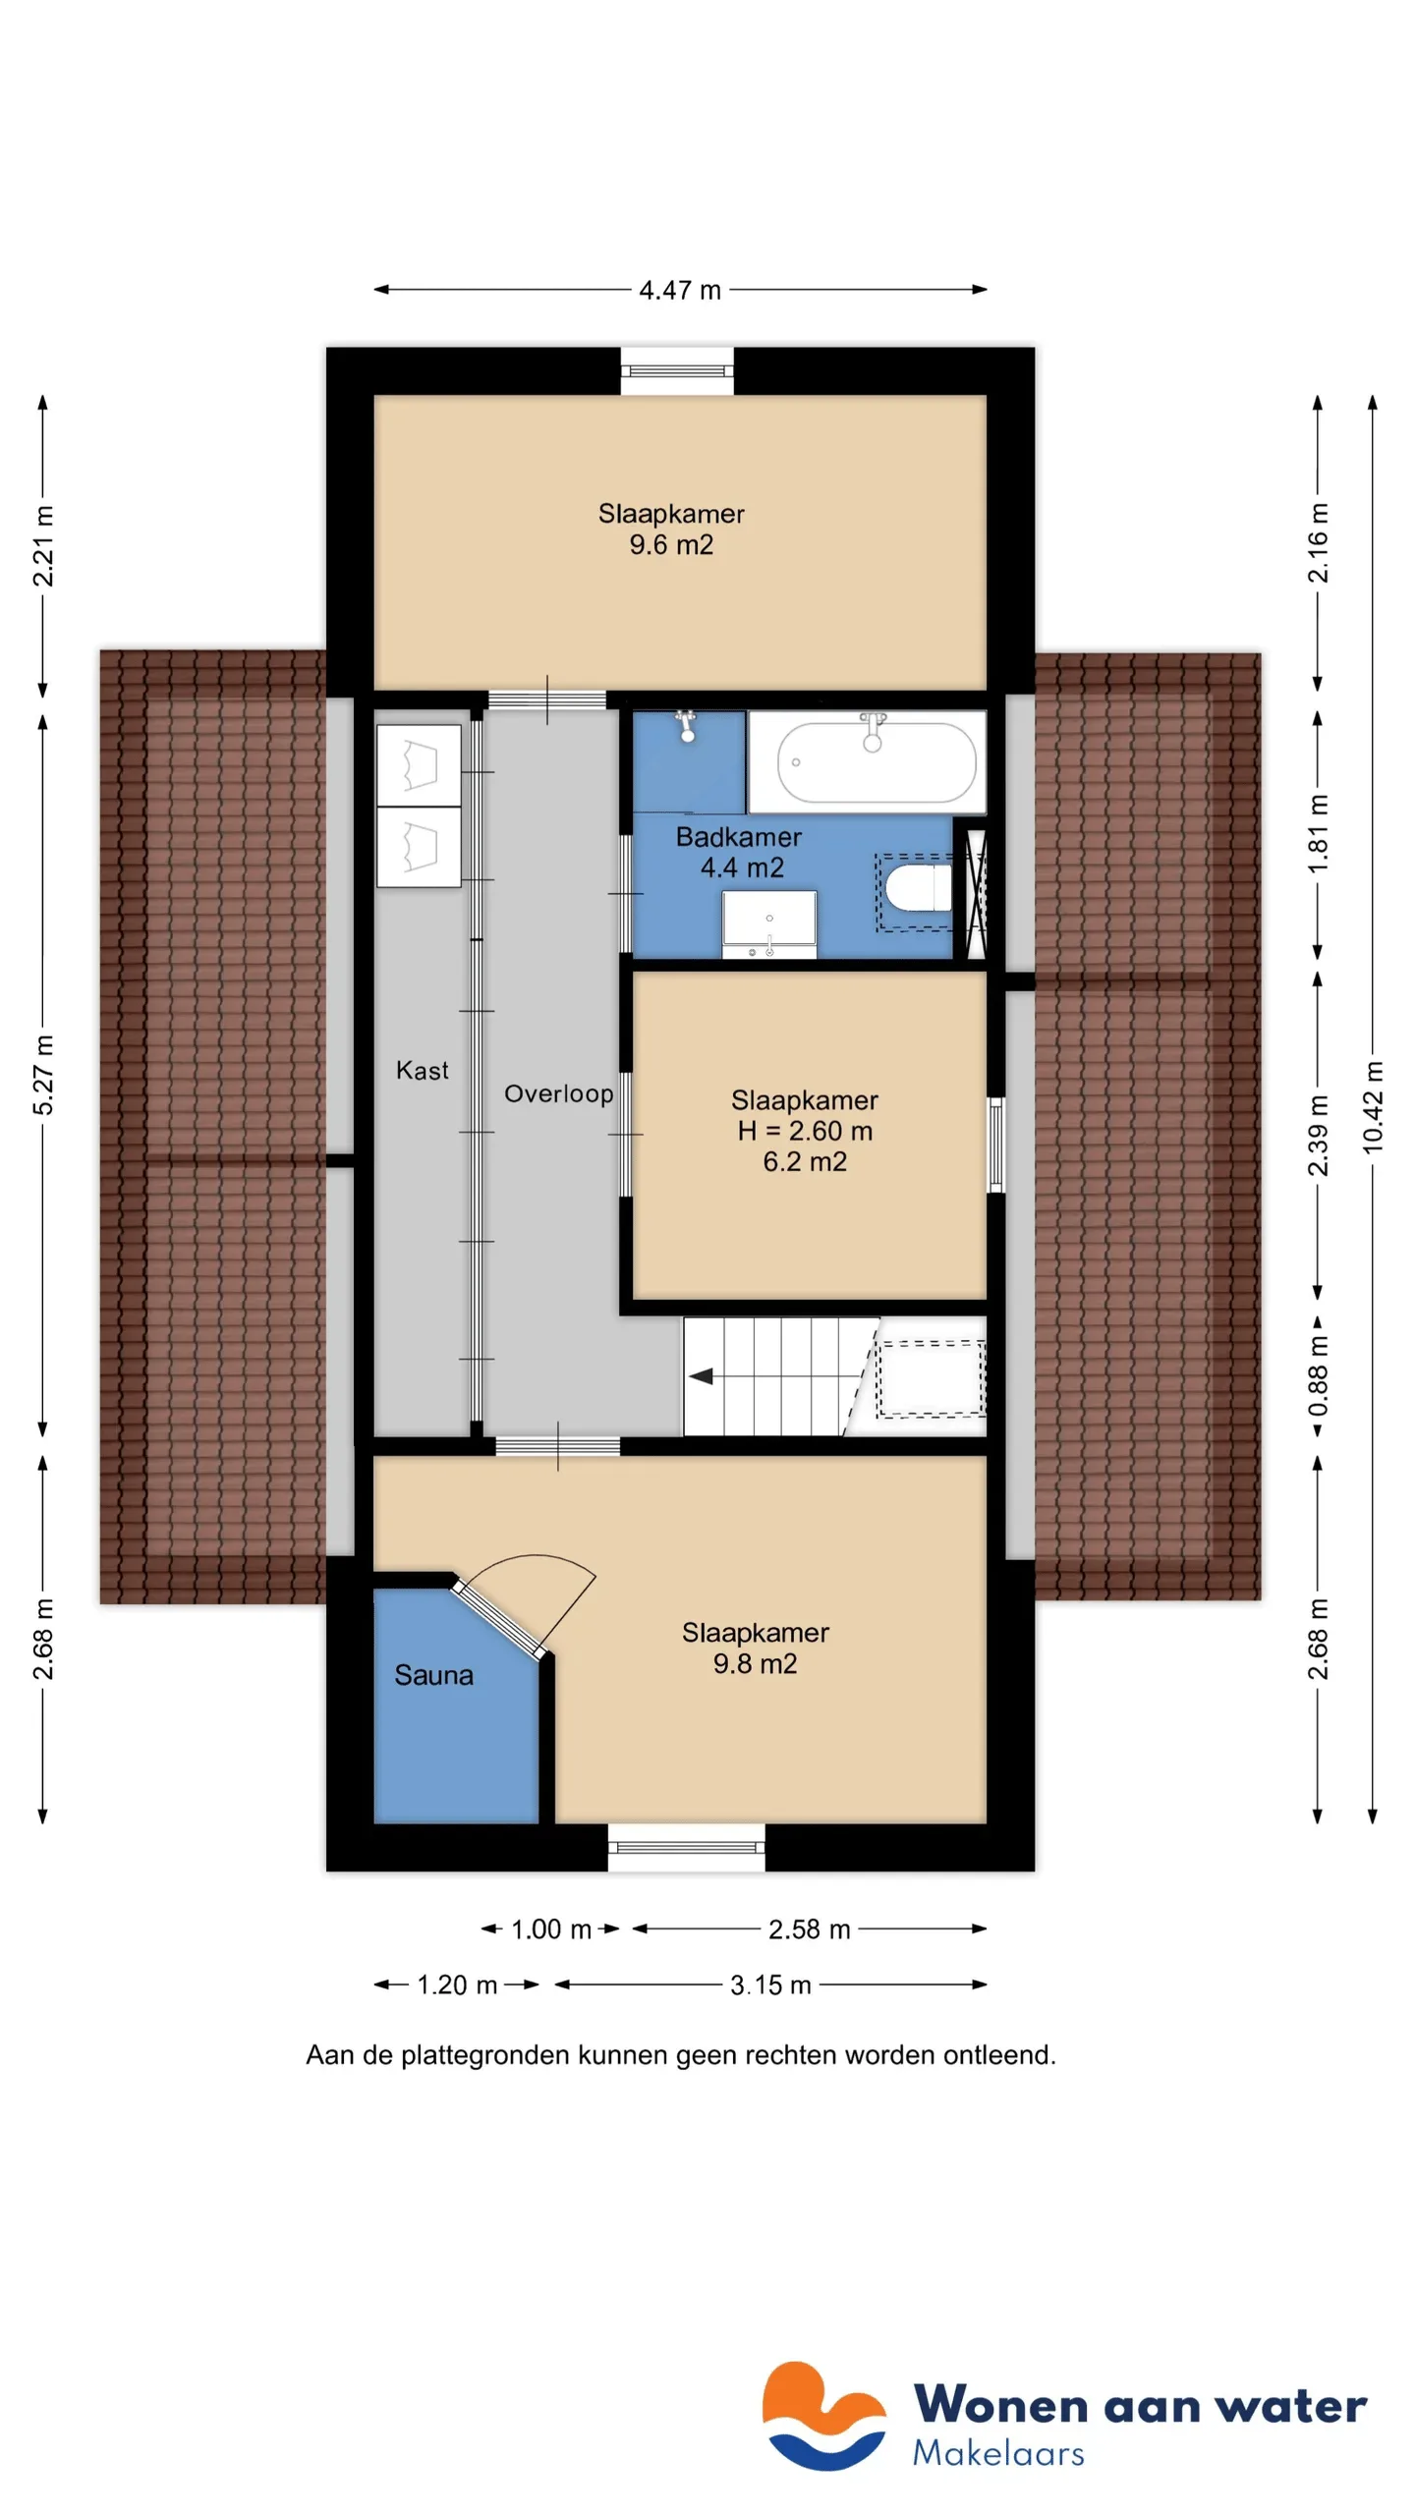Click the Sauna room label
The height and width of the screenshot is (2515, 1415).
point(433,1675)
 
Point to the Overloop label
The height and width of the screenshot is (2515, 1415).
point(558,1094)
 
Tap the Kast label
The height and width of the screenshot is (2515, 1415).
point(422,1070)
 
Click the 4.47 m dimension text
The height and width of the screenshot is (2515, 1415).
point(680,290)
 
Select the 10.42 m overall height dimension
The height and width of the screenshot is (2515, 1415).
point(1373,1107)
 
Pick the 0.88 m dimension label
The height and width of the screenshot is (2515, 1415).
point(1318,1375)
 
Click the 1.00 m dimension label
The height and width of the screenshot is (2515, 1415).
point(551,1929)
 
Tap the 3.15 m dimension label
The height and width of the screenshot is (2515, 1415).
point(770,1985)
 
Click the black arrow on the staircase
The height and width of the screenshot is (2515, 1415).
point(701,1376)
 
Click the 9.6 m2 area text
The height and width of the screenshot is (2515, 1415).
point(671,544)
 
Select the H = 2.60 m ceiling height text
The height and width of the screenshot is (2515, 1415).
point(805,1131)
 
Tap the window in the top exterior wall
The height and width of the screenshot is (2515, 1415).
point(677,370)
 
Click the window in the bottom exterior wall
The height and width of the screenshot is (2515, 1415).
point(686,1847)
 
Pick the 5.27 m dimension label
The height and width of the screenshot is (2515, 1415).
point(43,1075)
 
